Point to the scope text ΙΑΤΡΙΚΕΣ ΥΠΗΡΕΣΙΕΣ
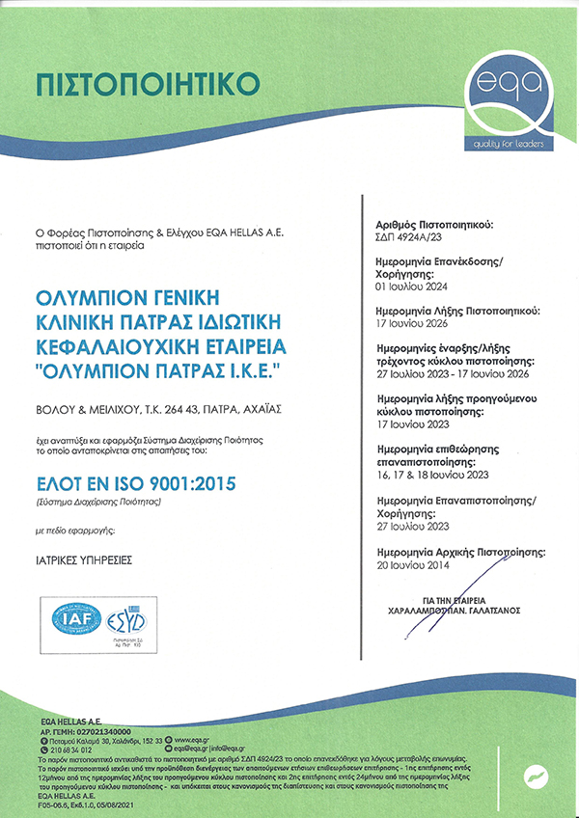80,559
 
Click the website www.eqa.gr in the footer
197,740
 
